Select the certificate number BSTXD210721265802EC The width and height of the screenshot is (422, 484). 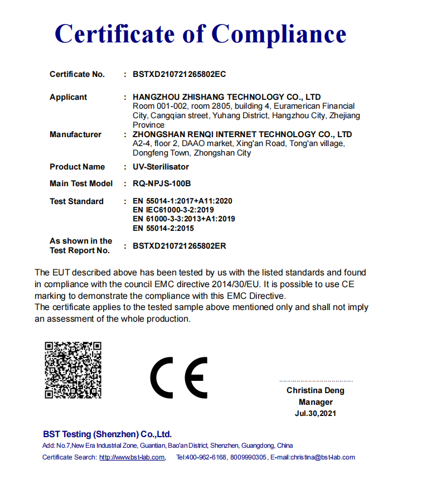click(x=179, y=74)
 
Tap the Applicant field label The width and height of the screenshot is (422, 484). click(x=68, y=97)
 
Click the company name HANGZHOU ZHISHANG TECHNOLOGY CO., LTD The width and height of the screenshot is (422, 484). click(x=226, y=97)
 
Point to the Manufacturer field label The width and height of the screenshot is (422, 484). click(x=75, y=134)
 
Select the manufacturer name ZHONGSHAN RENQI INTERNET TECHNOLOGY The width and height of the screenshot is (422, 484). click(x=223, y=134)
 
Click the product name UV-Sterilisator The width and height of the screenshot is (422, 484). click(x=161, y=167)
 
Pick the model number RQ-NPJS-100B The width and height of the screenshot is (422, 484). click(x=162, y=183)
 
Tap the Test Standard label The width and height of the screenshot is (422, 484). click(x=76, y=201)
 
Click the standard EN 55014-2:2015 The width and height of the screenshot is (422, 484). click(x=163, y=228)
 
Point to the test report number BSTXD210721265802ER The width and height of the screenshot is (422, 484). click(x=179, y=246)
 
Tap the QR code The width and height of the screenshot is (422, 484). click(x=73, y=370)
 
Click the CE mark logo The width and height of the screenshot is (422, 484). click(x=178, y=377)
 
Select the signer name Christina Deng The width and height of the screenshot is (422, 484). click(x=316, y=390)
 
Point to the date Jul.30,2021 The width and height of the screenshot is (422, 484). click(x=316, y=413)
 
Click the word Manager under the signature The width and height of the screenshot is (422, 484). click(x=316, y=402)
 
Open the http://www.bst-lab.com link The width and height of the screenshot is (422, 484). click(x=132, y=457)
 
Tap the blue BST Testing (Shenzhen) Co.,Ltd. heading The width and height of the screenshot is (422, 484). click(x=107, y=434)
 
